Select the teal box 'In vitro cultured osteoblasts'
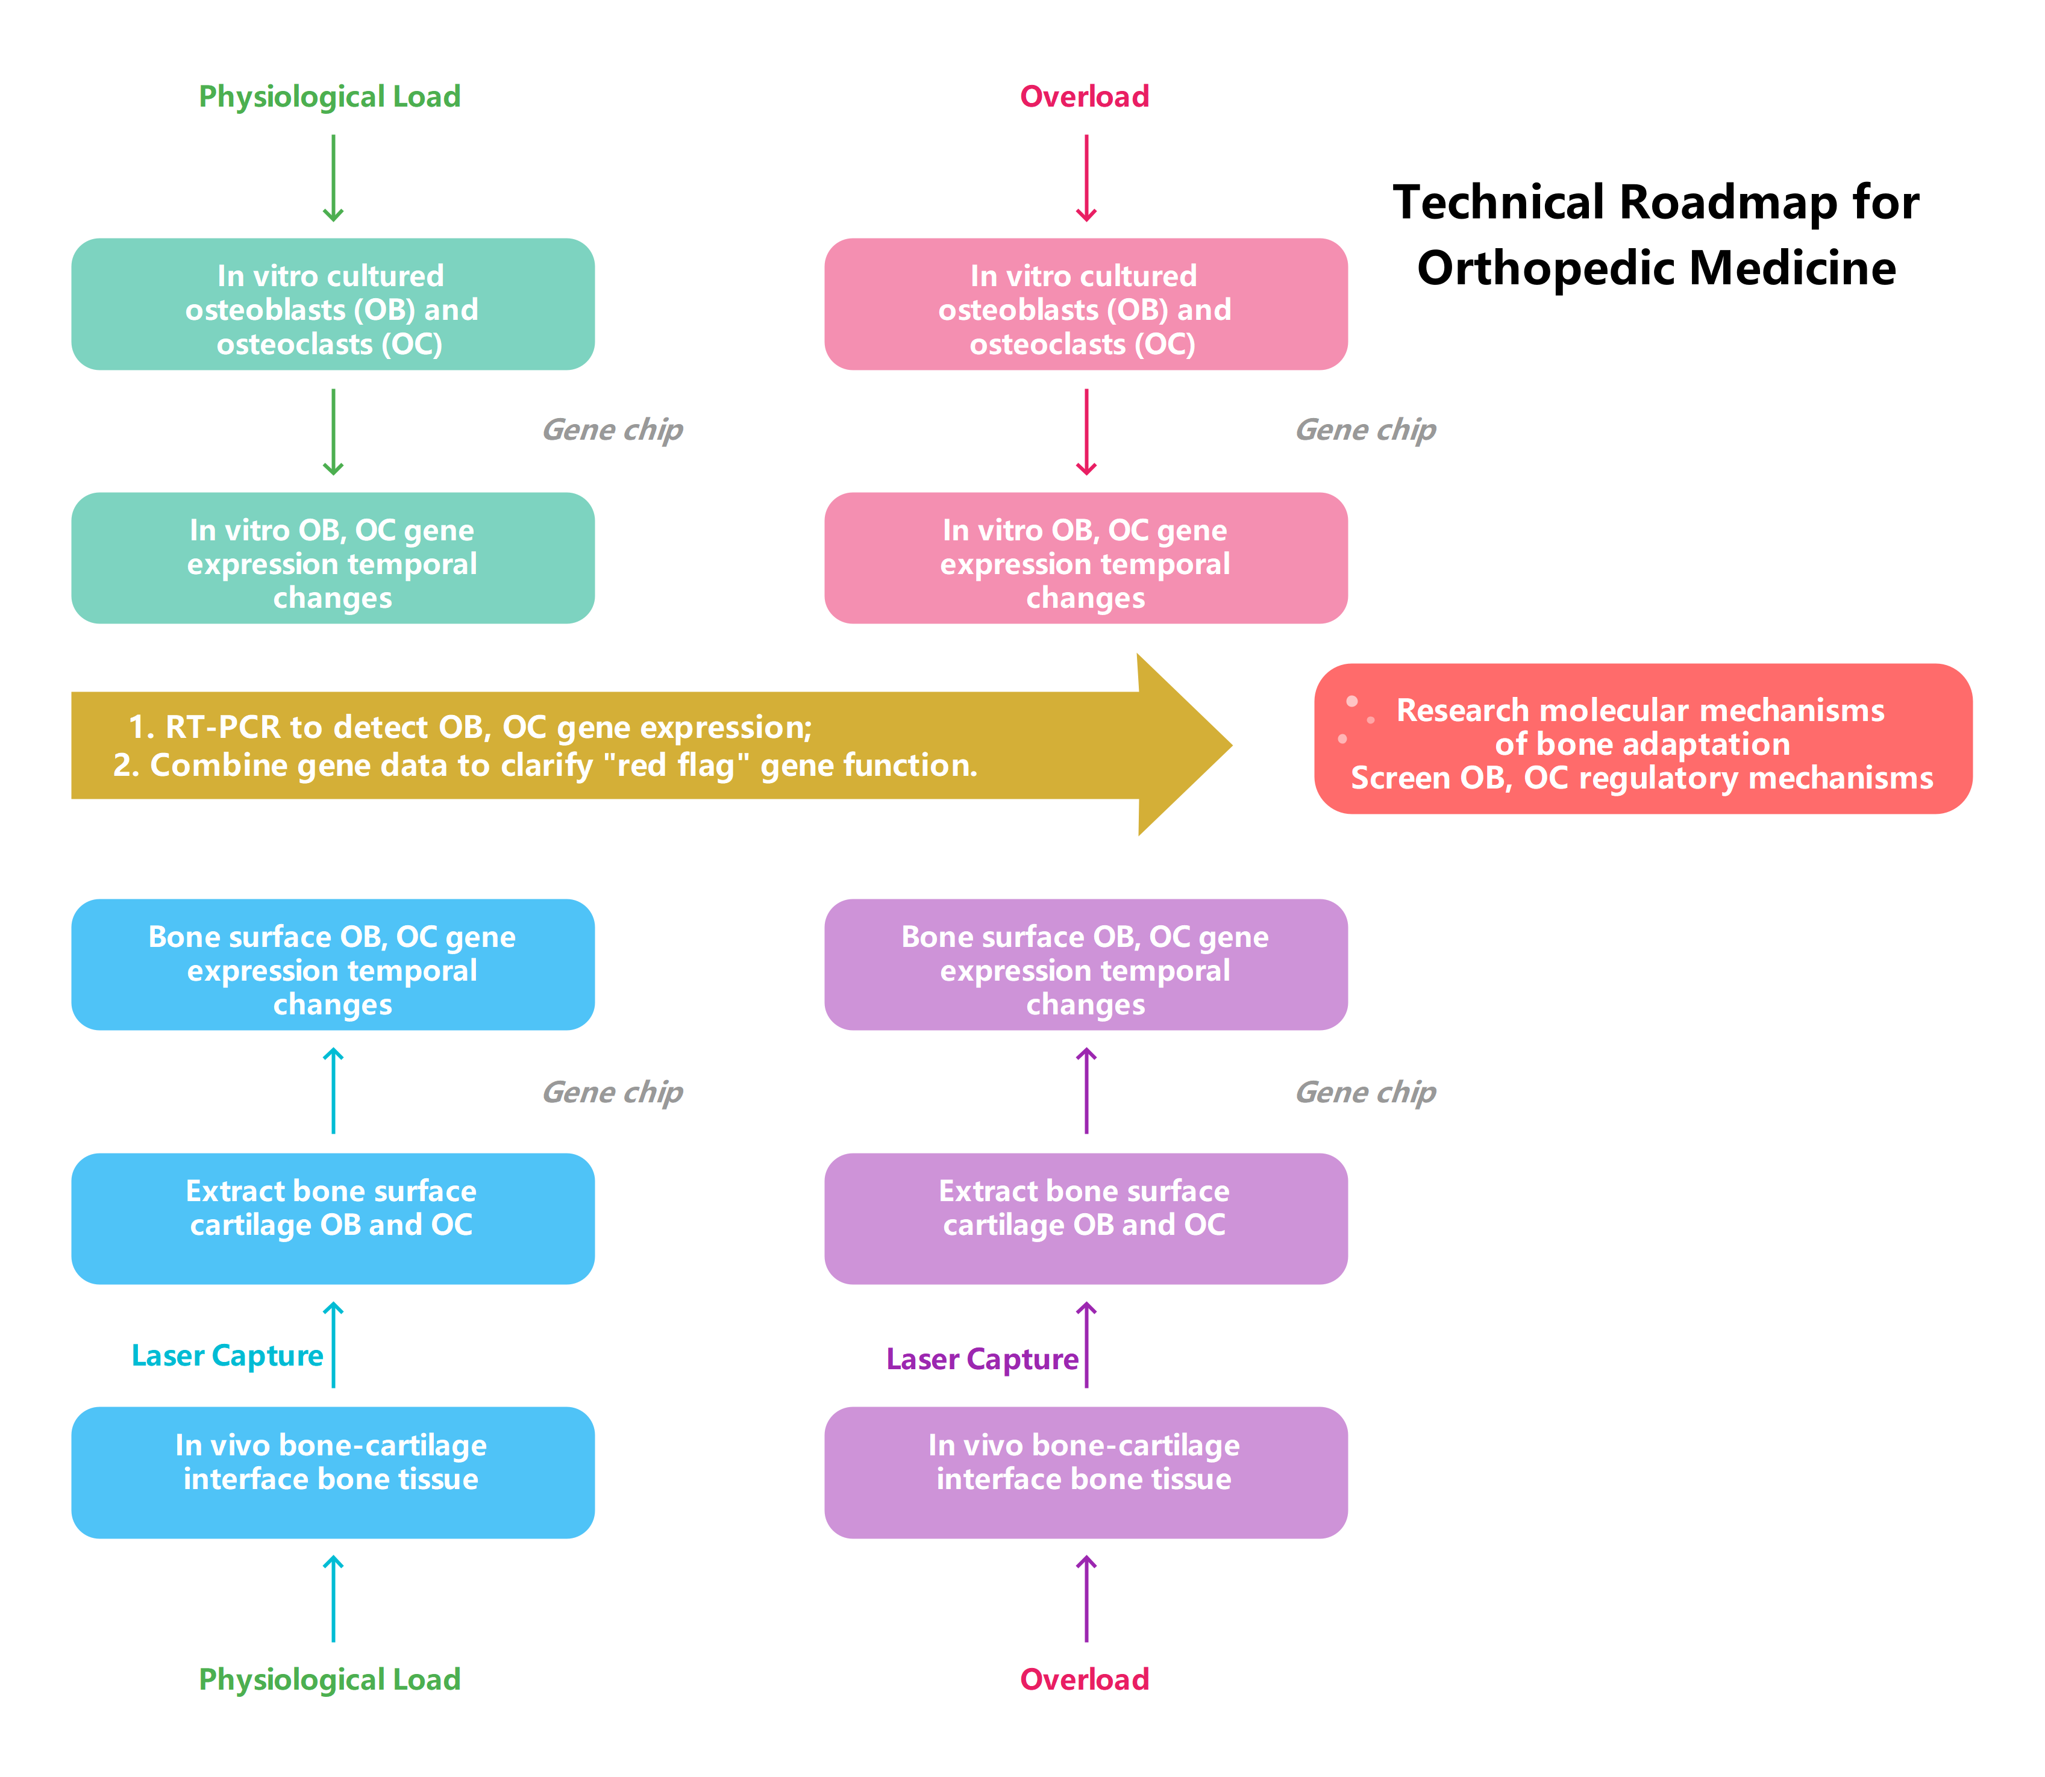(332, 304)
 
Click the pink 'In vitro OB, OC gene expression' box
(1085, 558)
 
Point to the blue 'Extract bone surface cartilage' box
(332, 1218)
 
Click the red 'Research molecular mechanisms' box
(1643, 739)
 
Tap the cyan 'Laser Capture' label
(227, 1355)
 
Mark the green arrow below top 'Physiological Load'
(333, 178)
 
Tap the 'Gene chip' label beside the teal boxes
(612, 429)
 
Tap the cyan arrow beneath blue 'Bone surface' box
(333, 1091)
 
